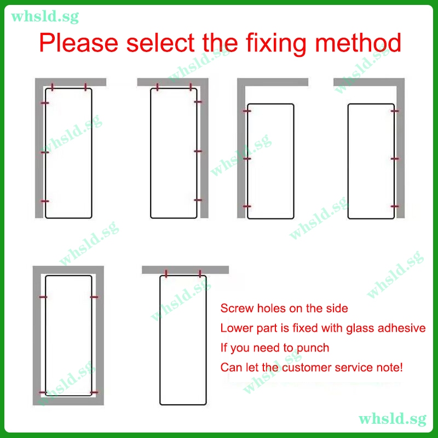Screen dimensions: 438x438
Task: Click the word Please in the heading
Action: (x=78, y=43)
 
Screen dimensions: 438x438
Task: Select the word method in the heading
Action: (x=358, y=42)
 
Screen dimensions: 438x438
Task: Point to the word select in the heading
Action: (x=160, y=43)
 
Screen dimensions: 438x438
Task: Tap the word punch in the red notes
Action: (x=313, y=348)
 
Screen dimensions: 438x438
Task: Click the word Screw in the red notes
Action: (x=237, y=308)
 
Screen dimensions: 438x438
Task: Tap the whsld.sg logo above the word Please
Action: (x=45, y=16)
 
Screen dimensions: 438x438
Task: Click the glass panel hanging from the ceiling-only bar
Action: (x=183, y=340)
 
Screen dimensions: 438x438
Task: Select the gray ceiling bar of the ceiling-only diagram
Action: (x=185, y=270)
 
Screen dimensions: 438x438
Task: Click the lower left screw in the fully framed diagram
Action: (x=44, y=393)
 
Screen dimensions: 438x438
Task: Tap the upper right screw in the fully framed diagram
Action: (x=94, y=297)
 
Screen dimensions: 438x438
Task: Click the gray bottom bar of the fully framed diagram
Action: (x=68, y=401)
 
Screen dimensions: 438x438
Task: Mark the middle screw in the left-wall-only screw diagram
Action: (x=247, y=159)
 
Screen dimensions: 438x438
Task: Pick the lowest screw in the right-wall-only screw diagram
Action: (x=395, y=206)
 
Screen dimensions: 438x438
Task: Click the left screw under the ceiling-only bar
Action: (x=166, y=274)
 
